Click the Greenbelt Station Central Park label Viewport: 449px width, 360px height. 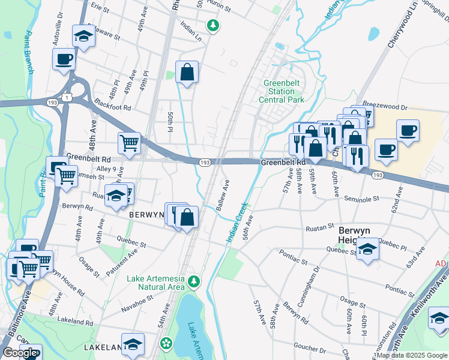click(281, 91)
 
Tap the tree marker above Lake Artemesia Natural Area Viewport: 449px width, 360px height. click(194, 281)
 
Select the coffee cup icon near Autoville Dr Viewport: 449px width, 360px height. click(64, 59)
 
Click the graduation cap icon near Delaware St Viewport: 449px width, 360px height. click(83, 36)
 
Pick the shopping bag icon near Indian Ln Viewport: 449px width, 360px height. click(187, 72)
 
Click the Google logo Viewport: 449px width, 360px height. click(20, 353)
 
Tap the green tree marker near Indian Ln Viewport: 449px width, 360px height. click(212, 25)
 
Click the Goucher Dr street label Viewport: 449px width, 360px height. click(309, 349)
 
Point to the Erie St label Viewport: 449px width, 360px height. click(99, 10)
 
